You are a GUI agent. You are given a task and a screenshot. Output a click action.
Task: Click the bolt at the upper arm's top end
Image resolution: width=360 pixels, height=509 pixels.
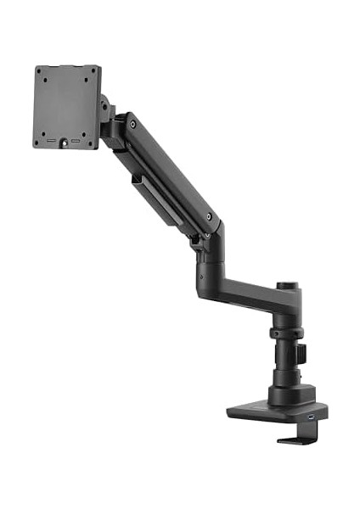(x=132, y=125)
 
